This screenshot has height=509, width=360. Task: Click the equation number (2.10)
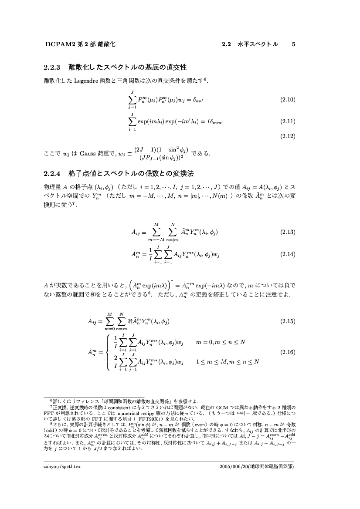288,100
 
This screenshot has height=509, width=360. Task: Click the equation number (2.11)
288,121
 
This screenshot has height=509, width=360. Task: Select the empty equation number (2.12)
288,136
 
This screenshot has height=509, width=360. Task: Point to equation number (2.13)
288,232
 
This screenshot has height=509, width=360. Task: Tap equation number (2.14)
288,253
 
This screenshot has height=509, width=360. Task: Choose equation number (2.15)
288,321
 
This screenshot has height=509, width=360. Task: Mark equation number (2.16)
288,352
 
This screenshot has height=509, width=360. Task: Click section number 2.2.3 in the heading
53,67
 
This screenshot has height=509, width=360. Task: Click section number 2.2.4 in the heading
53,174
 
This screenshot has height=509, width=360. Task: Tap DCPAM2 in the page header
58,44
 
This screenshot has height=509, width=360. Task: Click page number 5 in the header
294,44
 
